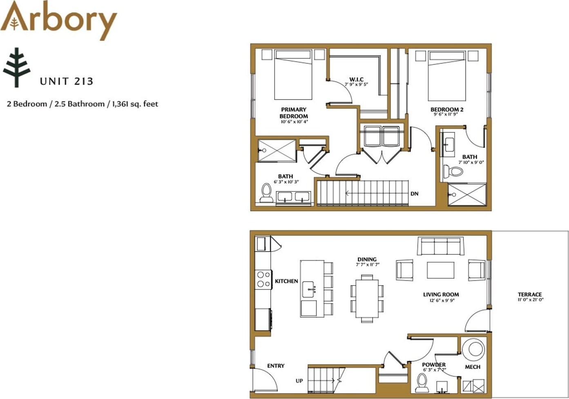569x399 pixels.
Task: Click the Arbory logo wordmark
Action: point(58,20)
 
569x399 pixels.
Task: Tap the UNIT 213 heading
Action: point(67,81)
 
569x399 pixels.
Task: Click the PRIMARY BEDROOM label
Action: point(294,113)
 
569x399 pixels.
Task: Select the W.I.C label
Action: point(356,79)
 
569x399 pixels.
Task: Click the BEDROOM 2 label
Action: point(447,109)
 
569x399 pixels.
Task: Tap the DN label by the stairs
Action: point(414,194)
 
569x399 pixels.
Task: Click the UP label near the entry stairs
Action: point(299,381)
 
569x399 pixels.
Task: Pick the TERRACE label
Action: point(530,294)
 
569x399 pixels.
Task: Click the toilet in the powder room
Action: point(422,383)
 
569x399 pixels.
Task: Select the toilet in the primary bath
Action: point(266,193)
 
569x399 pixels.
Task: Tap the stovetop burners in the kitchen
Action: point(263,279)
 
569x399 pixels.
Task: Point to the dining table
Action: point(367,299)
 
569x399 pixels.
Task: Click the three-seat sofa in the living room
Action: point(440,246)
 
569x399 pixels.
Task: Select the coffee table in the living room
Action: point(440,270)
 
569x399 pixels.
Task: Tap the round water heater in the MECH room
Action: point(473,350)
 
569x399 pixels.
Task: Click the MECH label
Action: point(473,367)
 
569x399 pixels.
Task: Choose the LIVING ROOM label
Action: point(441,294)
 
